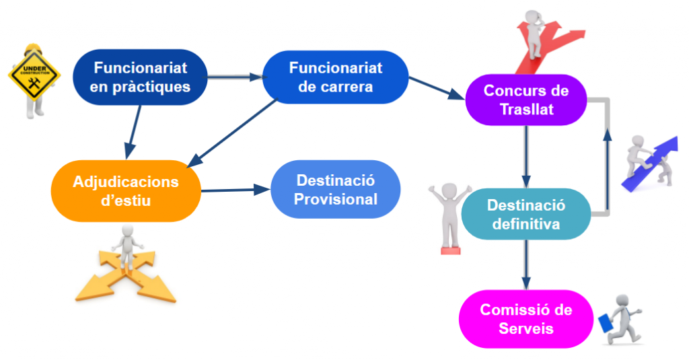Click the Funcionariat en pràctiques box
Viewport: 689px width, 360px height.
click(140, 77)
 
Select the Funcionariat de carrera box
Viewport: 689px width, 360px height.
click(335, 77)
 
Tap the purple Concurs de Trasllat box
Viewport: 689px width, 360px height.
click(526, 100)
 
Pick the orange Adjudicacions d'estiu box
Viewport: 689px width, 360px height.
click(126, 191)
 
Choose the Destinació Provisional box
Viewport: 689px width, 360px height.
click(336, 190)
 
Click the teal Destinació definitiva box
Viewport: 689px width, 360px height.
click(526, 214)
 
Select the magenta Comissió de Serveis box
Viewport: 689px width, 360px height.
click(526, 319)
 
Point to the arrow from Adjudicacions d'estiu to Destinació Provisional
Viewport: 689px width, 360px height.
click(235, 190)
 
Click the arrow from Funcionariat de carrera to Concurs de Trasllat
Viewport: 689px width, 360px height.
click(437, 88)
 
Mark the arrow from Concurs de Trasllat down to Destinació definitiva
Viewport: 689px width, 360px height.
click(526, 157)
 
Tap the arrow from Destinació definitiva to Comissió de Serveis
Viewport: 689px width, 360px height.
click(526, 264)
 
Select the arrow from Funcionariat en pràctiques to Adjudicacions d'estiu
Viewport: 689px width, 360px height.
click(133, 132)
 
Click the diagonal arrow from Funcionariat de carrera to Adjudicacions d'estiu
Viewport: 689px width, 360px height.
click(232, 133)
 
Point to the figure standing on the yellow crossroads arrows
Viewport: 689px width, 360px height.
click(127, 247)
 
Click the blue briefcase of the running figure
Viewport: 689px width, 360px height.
click(606, 322)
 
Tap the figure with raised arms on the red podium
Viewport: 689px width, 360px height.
click(449, 215)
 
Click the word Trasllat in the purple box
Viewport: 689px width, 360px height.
click(526, 109)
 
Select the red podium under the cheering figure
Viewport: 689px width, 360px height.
click(450, 250)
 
